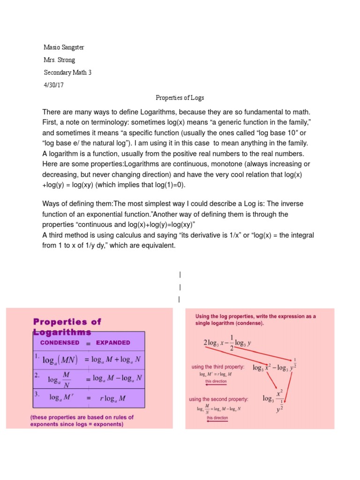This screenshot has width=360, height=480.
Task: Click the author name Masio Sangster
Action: click(x=64, y=48)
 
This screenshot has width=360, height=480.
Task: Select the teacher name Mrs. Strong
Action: click(x=59, y=60)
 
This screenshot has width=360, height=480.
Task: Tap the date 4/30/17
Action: click(x=53, y=85)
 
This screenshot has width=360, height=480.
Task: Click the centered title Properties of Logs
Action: click(x=180, y=97)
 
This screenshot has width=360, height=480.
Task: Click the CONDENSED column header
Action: click(x=60, y=343)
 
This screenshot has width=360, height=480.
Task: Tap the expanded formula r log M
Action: click(x=112, y=398)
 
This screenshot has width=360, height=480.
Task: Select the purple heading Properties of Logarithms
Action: click(x=67, y=327)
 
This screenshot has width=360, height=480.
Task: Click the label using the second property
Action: click(x=218, y=399)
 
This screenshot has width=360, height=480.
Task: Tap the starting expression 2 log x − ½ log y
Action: click(x=228, y=343)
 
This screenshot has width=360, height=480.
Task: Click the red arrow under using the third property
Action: click(x=216, y=386)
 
